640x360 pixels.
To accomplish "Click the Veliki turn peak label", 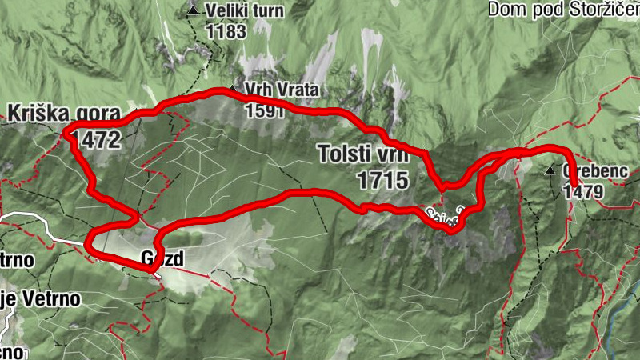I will (238, 11).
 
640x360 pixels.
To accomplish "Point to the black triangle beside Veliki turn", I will (193, 11).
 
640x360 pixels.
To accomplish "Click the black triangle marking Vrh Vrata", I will (233, 90).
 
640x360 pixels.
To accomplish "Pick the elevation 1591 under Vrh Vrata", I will (266, 110).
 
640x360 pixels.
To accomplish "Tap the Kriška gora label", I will (65, 114).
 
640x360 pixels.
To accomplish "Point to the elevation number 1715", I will (373, 179).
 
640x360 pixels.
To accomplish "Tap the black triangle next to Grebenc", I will (550, 171).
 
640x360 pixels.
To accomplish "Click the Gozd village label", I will (162, 259).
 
